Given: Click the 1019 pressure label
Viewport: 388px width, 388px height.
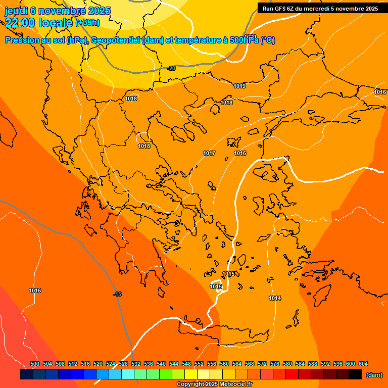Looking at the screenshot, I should [x=239, y=86].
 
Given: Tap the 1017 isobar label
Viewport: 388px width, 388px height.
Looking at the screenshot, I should [x=209, y=153].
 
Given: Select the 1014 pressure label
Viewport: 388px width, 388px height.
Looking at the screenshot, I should [x=275, y=298].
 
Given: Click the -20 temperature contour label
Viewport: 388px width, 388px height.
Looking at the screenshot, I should [x=171, y=68].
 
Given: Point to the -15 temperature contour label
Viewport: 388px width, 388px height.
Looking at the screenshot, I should [x=117, y=294].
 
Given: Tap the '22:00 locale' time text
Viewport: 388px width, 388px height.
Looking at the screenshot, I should [x=38, y=23].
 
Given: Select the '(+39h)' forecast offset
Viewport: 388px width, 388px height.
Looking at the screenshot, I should [x=87, y=23].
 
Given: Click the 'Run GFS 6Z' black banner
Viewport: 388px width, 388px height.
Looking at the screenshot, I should [x=320, y=9].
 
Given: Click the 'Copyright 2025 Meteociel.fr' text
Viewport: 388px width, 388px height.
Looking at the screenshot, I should [x=214, y=384].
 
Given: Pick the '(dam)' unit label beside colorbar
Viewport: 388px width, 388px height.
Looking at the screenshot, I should [x=374, y=375].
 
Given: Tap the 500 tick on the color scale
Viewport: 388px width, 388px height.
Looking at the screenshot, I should [x=35, y=364].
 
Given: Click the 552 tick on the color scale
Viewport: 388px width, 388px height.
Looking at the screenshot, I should [x=199, y=364].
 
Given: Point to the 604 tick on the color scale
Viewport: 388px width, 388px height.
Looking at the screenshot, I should [x=363, y=364].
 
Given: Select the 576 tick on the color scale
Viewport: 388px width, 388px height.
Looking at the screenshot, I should [x=275, y=364].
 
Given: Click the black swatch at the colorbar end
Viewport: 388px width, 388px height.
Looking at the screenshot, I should [x=355, y=374].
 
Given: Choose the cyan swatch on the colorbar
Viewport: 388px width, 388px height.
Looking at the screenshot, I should [x=128, y=374].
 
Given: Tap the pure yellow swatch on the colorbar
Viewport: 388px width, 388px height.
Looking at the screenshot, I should [x=191, y=374].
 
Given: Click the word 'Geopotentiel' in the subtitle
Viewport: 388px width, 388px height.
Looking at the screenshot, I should [x=116, y=40].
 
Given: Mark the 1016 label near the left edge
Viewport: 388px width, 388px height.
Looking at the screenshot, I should [x=35, y=290].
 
